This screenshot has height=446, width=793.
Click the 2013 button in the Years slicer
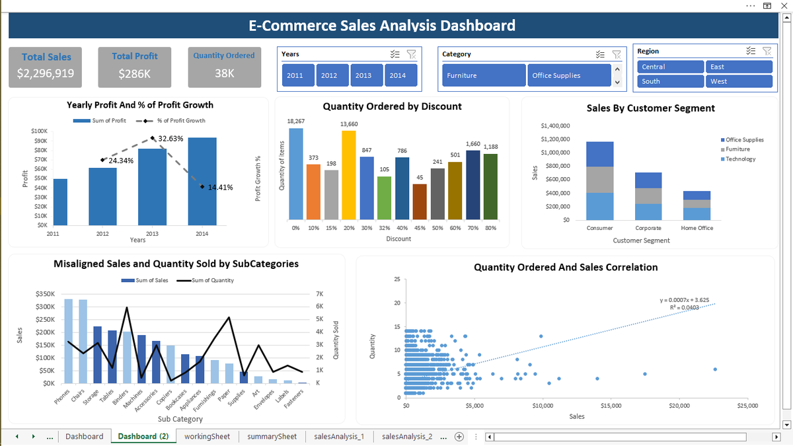point(363,75)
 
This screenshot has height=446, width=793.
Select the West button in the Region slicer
point(739,81)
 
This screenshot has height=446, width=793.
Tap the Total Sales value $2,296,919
point(46,73)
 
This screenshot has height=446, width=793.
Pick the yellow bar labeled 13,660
point(348,174)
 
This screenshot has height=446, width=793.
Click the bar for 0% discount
point(296,173)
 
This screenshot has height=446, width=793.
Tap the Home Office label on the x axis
point(697,228)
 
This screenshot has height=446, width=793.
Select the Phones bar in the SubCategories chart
point(68,341)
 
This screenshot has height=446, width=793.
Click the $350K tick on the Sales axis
point(44,294)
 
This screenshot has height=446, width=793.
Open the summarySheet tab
point(272,437)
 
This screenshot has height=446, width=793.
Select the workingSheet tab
point(207,437)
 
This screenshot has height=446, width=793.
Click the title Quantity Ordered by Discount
point(392,106)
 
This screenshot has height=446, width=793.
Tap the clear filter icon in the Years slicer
point(410,54)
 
